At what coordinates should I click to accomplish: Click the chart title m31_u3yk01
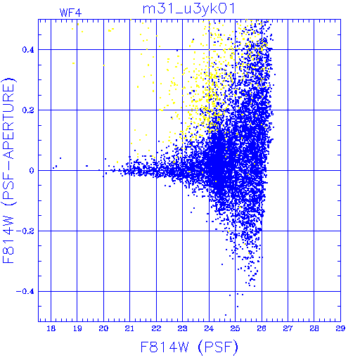coord(188,9)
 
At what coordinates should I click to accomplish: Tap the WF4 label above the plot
coord(70,13)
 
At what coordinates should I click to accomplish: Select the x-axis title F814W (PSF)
coord(189,347)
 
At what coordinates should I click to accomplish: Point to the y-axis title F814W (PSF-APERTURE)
coord(9,170)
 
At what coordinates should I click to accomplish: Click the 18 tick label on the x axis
coord(51,328)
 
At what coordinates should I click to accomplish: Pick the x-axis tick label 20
coord(103,328)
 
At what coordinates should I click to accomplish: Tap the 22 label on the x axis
coord(156,328)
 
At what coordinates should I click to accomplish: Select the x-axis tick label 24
coord(209,328)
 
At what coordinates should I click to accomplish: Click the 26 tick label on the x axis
coord(262,328)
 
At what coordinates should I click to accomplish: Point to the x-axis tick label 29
coord(340,328)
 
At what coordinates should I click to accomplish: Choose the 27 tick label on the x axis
coord(288,328)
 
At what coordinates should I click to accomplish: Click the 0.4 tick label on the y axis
coord(28,50)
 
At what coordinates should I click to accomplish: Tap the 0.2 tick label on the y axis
coord(28,110)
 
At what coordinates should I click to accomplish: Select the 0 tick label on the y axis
coord(32,170)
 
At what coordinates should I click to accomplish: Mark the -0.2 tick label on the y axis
coord(25,231)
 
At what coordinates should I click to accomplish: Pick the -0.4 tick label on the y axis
coord(25,292)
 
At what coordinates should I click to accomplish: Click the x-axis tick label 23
coord(183,328)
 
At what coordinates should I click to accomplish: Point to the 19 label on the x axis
coord(77,328)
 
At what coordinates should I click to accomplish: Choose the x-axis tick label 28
coord(314,328)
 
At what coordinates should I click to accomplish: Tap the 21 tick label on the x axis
coord(129,328)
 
